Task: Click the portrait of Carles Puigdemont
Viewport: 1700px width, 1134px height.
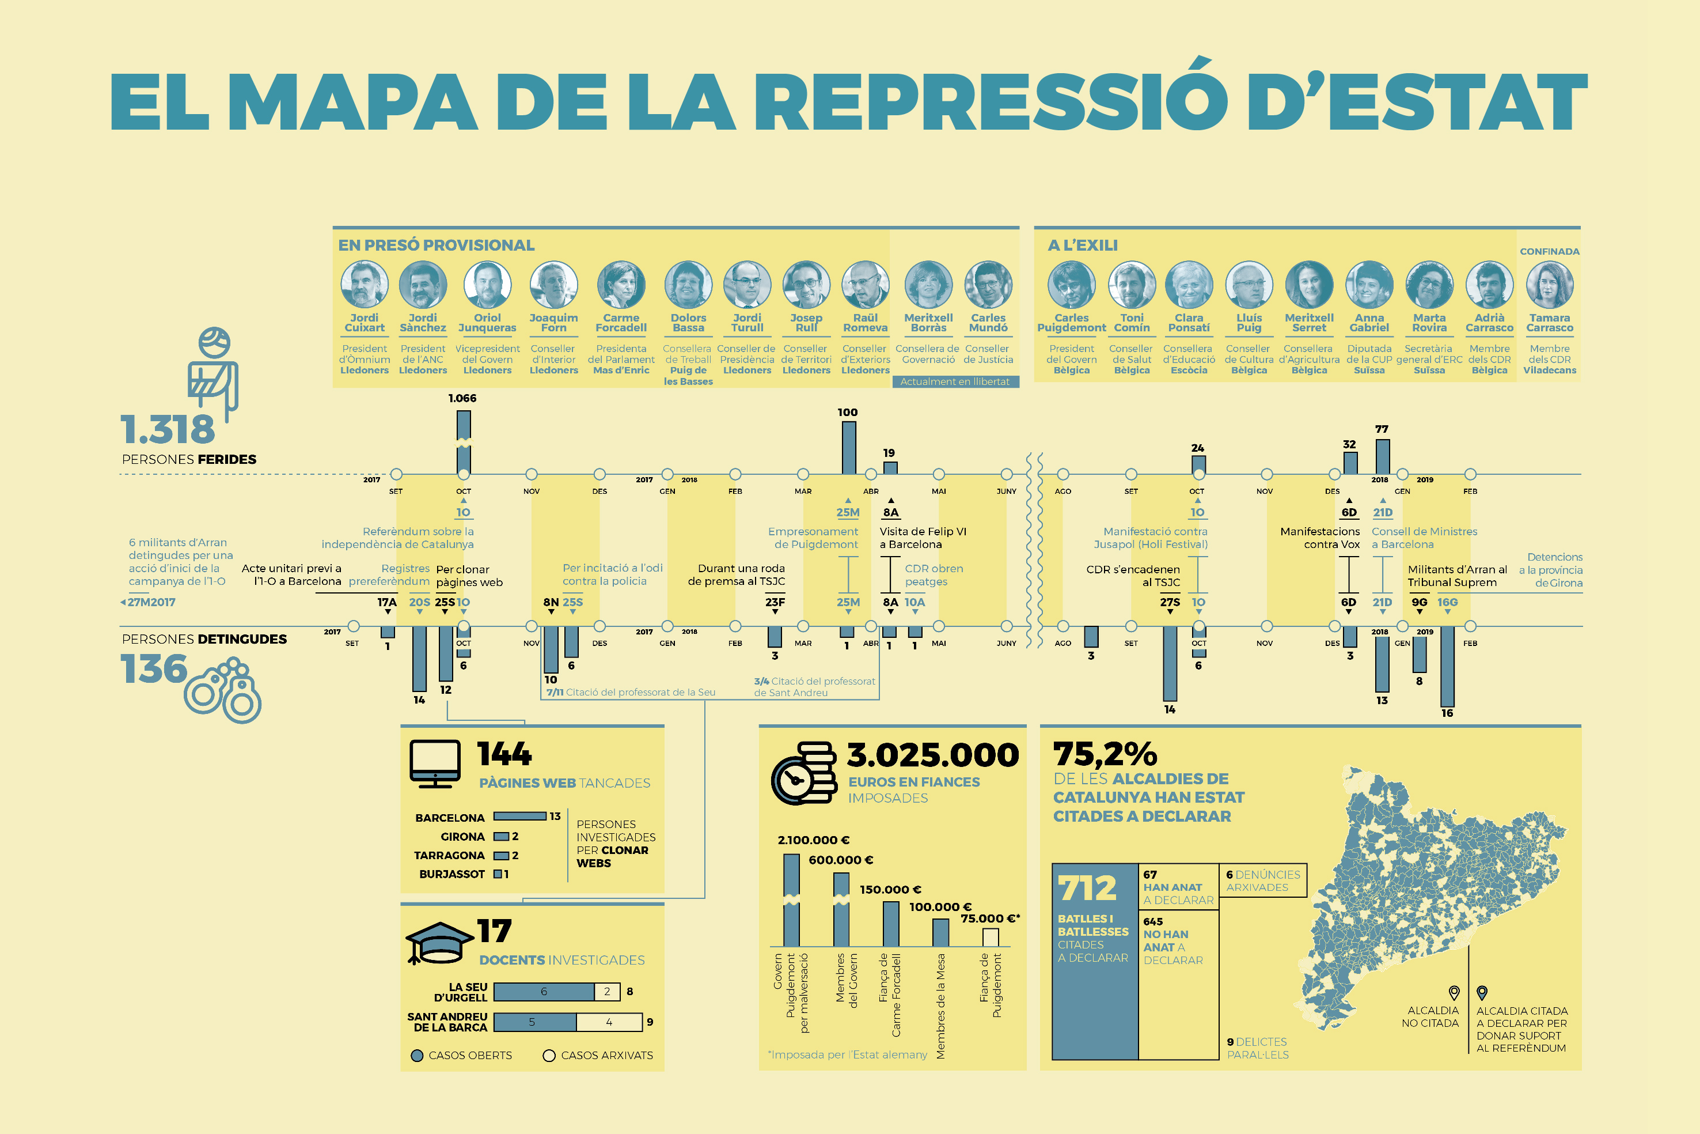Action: pos(1071,285)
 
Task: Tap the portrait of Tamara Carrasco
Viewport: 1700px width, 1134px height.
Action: pos(1549,285)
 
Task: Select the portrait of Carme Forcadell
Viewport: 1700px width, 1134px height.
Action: pos(621,285)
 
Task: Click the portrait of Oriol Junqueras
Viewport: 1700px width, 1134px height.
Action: pos(487,285)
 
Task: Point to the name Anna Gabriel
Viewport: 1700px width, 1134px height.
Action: pos(1369,323)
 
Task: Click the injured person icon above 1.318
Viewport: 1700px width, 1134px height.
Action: pos(213,369)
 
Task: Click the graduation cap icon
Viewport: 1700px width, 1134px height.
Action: pos(438,942)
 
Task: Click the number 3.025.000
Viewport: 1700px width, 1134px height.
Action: pos(932,755)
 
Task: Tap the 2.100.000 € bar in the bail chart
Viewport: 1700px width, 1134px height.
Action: pos(791,901)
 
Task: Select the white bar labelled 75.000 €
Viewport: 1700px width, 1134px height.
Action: pos(990,938)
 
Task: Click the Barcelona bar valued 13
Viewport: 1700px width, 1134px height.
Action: pos(519,817)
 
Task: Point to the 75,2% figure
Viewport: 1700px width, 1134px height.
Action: pos(1105,754)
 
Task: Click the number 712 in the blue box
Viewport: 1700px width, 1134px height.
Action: pos(1087,888)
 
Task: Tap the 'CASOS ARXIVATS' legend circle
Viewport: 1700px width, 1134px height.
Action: pos(549,1056)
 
